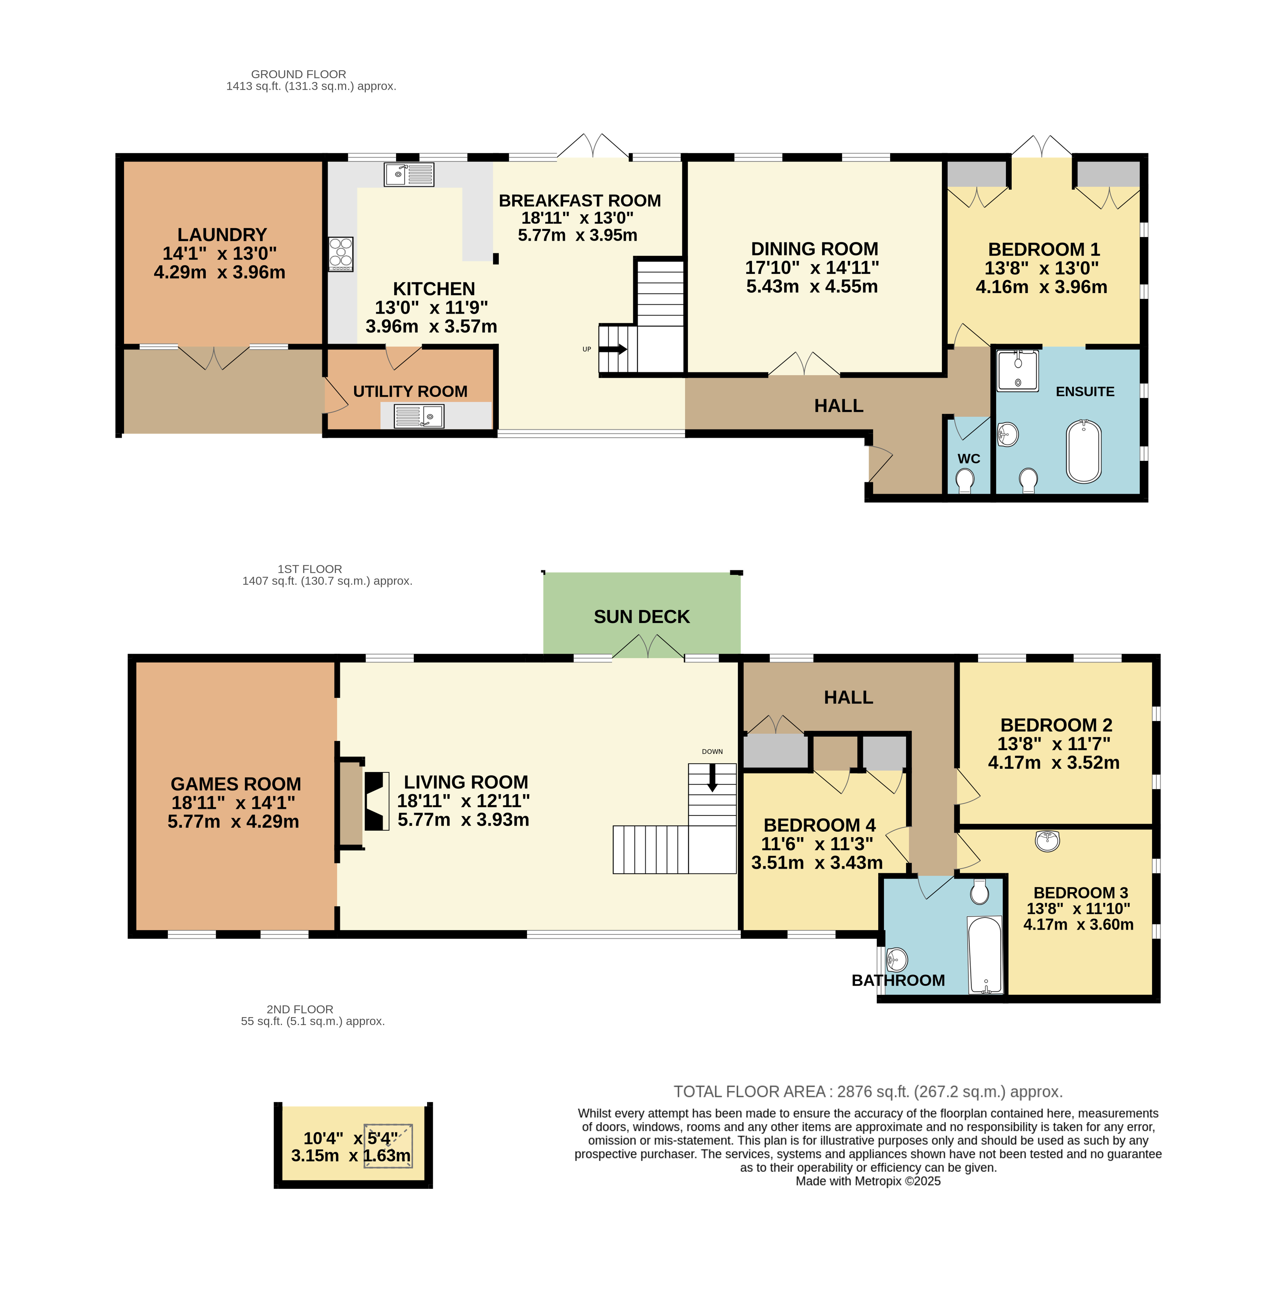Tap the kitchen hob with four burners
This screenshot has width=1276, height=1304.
(340, 254)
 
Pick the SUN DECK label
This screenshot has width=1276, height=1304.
(641, 617)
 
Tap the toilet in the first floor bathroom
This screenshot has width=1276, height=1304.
(980, 891)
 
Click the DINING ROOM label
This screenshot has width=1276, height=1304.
(814, 249)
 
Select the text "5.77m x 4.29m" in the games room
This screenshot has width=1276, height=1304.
(233, 822)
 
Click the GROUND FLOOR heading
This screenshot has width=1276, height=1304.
(298, 74)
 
